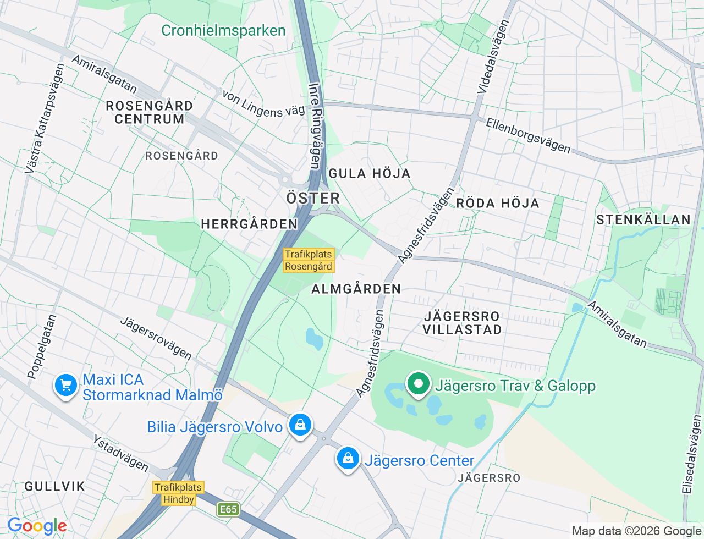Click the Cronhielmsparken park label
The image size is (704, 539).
223,30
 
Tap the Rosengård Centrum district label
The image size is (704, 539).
149,112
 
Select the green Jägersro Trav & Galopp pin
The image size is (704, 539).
419,383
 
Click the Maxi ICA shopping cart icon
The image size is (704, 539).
66,386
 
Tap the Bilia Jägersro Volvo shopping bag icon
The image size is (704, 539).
300,425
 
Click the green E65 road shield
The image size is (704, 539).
228,509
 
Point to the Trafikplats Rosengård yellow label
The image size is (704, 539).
309,260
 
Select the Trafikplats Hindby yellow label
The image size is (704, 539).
179,493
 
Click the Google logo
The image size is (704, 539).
37,526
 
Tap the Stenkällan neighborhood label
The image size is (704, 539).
643,220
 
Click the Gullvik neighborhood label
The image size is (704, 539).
55,486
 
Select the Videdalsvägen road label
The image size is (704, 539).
493,56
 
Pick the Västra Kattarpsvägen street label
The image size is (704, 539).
45,119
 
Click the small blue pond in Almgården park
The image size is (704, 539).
314,339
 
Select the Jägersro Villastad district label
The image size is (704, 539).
462,323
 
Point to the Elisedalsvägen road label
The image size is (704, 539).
691,454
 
